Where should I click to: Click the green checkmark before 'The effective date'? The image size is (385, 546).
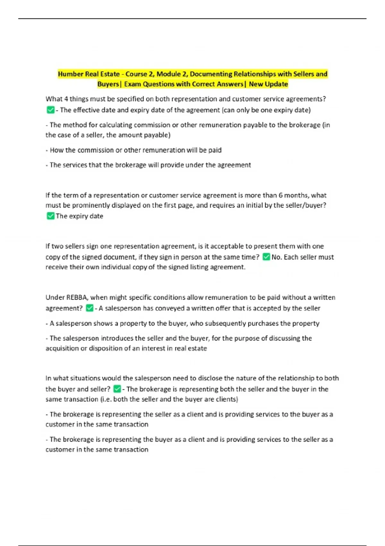(x=50, y=110)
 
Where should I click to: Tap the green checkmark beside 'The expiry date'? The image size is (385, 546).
(x=50, y=216)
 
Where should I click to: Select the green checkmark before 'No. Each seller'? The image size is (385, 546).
(x=266, y=257)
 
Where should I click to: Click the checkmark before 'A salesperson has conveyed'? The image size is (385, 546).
(x=90, y=308)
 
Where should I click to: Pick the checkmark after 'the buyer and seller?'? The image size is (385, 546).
(x=117, y=389)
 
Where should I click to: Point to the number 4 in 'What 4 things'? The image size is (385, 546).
(x=66, y=99)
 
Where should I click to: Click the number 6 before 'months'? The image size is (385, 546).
(x=280, y=195)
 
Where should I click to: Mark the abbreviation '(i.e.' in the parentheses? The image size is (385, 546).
(x=106, y=399)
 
